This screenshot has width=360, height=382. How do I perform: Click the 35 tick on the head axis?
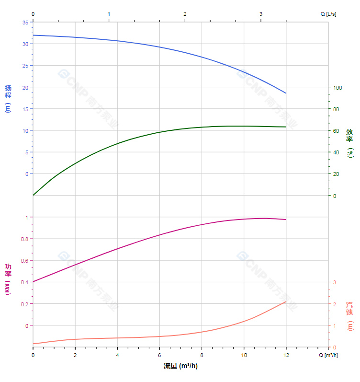point(25,22)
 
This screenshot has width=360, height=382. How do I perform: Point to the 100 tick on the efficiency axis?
point(338,87)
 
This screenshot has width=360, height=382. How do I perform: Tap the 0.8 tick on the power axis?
point(24,239)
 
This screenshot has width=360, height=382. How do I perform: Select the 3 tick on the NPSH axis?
point(335,282)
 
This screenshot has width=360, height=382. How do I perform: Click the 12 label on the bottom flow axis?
point(286,355)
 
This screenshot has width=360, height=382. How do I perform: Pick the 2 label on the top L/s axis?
point(185,14)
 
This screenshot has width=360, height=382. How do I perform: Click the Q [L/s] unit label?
point(328,14)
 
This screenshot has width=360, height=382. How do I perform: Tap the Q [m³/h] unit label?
point(329,355)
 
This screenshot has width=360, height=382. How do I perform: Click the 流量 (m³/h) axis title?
point(180,366)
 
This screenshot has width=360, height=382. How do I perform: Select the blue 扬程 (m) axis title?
point(8,98)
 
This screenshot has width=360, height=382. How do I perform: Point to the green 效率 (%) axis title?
point(350,143)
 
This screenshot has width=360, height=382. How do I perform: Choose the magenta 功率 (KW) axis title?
point(8,279)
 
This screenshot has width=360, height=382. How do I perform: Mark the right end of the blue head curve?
point(286,93)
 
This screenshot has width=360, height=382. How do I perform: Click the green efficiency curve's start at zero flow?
point(33,195)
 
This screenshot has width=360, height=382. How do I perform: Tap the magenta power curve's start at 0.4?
point(33,282)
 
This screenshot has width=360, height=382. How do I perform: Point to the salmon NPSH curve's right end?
point(286,301)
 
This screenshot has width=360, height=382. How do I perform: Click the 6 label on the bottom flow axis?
point(159,355)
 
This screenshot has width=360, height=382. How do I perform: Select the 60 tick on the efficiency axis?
point(337,130)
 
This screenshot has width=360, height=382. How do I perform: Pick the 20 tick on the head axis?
point(25,87)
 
